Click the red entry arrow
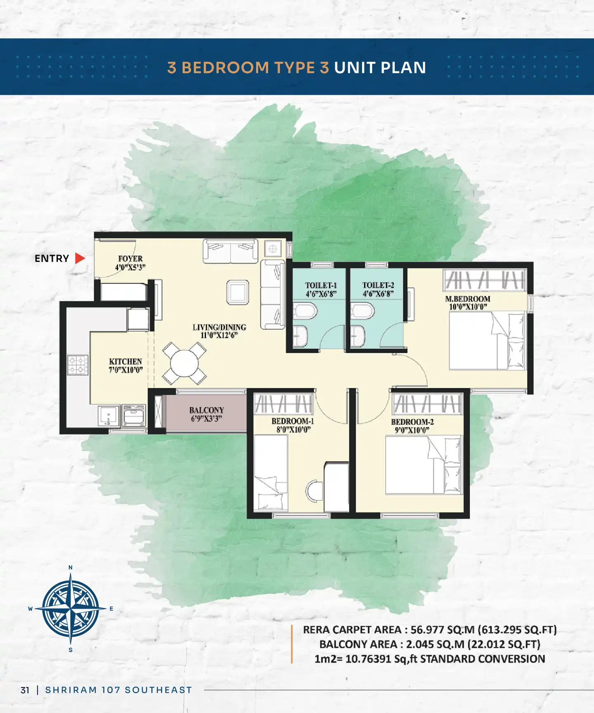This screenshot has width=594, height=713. coord(80,258)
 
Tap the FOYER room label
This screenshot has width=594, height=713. coord(130,259)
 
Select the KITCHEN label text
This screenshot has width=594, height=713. coord(125,361)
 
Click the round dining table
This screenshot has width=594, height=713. coord(184,363)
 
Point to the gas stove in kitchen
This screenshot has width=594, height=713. coord(78,365)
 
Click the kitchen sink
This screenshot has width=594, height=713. coord(109,416)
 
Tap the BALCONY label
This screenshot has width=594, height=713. coord(207,410)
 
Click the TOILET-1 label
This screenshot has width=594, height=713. coord(321,286)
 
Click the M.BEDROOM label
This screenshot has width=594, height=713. coord(468,299)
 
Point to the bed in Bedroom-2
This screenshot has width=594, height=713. coord(424,465)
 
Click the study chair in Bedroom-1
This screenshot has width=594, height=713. coord(314,491)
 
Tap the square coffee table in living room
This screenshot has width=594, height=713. coord(238,292)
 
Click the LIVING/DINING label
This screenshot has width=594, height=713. coord(219,327)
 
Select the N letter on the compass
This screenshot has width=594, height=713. coord(71,568)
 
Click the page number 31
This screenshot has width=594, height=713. coord(25,690)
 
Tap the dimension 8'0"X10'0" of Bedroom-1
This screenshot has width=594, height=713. coord(294,430)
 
